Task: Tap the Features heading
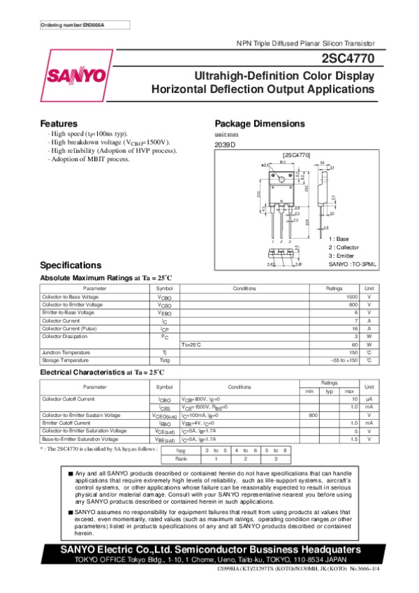click(59, 123)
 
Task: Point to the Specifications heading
click(71, 265)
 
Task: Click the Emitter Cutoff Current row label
click(66, 423)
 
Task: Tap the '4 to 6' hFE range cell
click(247, 451)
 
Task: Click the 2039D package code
click(226, 145)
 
